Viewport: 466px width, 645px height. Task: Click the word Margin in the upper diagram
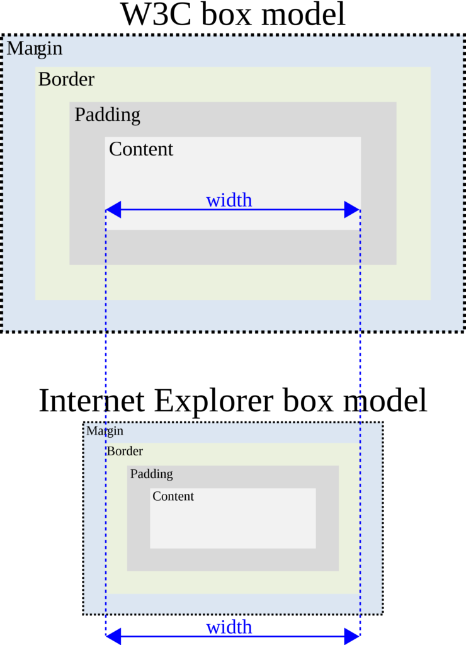point(35,48)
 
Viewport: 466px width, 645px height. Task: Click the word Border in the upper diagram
point(66,79)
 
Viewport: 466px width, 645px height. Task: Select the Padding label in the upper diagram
point(107,115)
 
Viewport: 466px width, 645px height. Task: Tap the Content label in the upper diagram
point(140,149)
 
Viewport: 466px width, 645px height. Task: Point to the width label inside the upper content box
point(229,200)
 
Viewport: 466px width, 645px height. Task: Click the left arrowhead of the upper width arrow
point(113,210)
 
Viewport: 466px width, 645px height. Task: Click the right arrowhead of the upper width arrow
point(352,210)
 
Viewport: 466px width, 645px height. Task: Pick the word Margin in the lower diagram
point(105,431)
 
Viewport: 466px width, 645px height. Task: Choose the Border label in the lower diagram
point(124,451)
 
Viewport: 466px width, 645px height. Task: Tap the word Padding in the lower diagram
point(151,474)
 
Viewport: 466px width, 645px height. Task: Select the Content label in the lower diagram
point(173,496)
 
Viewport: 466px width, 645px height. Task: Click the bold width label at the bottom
point(229,627)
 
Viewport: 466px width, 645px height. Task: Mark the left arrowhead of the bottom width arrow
point(112,636)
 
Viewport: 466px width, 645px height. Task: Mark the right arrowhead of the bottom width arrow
point(353,636)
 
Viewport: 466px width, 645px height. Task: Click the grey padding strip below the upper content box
point(233,247)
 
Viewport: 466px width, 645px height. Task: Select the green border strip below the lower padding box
point(233,582)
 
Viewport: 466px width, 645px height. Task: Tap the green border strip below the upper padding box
point(233,282)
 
